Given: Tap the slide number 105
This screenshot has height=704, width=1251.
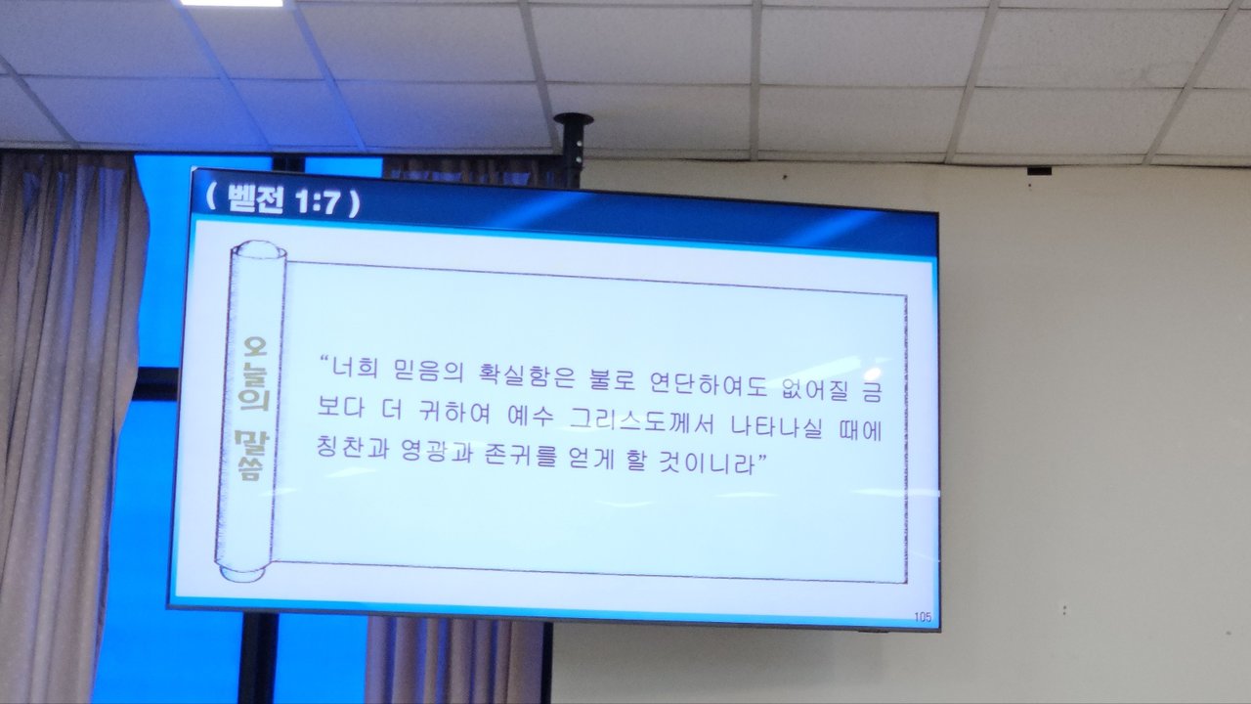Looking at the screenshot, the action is click(x=923, y=617).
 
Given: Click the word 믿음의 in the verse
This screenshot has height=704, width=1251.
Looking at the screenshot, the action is click(x=428, y=371).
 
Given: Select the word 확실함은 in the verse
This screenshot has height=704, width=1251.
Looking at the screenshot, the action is click(x=527, y=375).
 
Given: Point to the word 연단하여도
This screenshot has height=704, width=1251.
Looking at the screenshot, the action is click(x=710, y=382).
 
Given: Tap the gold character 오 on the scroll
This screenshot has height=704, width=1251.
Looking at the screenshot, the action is click(x=256, y=347).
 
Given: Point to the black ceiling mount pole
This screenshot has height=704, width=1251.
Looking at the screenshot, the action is click(x=573, y=147).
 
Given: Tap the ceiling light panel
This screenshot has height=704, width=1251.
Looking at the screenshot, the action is click(x=232, y=3).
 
